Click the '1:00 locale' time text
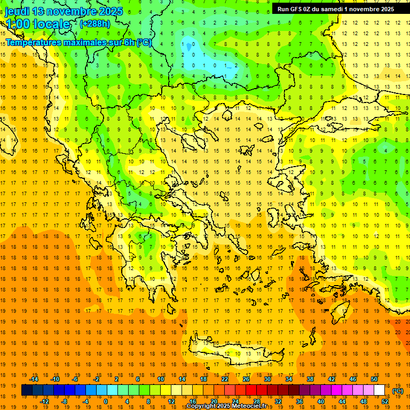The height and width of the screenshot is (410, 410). click(x=37, y=24)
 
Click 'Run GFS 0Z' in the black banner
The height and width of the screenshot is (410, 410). click(x=296, y=9)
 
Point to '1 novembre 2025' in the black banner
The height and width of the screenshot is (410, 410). click(x=369, y=9)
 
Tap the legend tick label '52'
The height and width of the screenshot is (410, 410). click(x=385, y=401)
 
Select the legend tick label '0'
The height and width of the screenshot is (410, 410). click(x=105, y=401)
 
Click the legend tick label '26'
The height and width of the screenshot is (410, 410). click(x=246, y=379)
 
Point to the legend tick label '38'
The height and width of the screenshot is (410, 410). click(x=310, y=379)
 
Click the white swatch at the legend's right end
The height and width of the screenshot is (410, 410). click(x=379, y=390)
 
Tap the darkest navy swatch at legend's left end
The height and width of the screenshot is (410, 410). click(x=27, y=390)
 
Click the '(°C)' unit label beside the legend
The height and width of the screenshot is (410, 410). click(x=398, y=391)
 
